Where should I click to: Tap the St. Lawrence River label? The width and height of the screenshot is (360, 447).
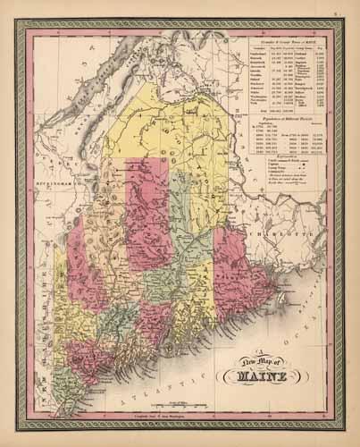pyautogui.click(x=80, y=98)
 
